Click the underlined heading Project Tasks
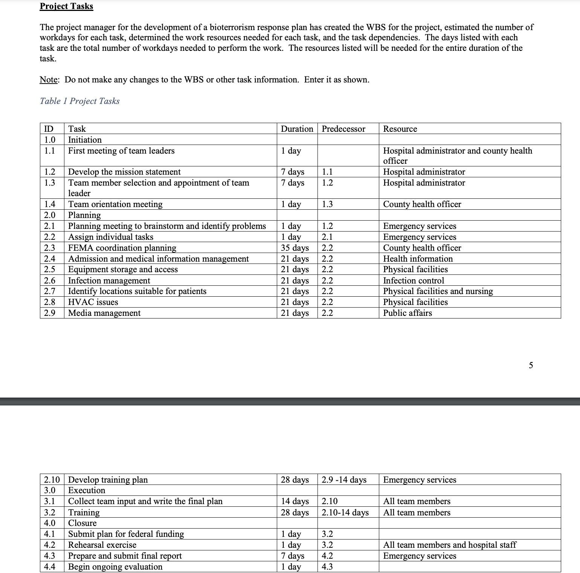(66, 6)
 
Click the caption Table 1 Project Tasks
(79, 101)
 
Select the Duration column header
(297, 129)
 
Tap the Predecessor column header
(343, 129)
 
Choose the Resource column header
(400, 129)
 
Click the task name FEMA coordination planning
(122, 248)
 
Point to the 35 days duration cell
(295, 248)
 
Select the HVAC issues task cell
(93, 302)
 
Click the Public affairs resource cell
(408, 313)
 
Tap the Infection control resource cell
(414, 280)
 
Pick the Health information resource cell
(418, 259)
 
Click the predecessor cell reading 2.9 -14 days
(344, 480)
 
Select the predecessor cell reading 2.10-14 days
(345, 512)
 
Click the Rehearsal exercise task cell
(102, 545)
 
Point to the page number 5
(531, 365)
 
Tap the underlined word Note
(49, 79)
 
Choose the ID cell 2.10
(52, 480)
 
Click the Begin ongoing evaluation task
(115, 567)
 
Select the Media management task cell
(104, 313)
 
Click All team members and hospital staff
(450, 545)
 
